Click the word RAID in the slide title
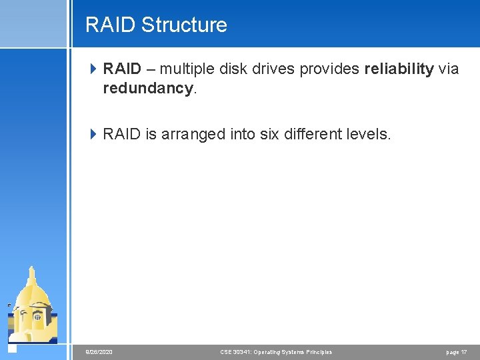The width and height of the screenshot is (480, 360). [111, 25]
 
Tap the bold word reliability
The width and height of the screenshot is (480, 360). [399, 69]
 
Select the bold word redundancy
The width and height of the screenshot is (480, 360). [147, 88]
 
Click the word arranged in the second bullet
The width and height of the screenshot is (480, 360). [189, 134]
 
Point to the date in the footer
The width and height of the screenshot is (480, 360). [99, 352]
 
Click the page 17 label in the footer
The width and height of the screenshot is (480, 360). [457, 352]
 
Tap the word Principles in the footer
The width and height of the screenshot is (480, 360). [317, 352]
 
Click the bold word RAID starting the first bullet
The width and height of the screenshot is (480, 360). [122, 69]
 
